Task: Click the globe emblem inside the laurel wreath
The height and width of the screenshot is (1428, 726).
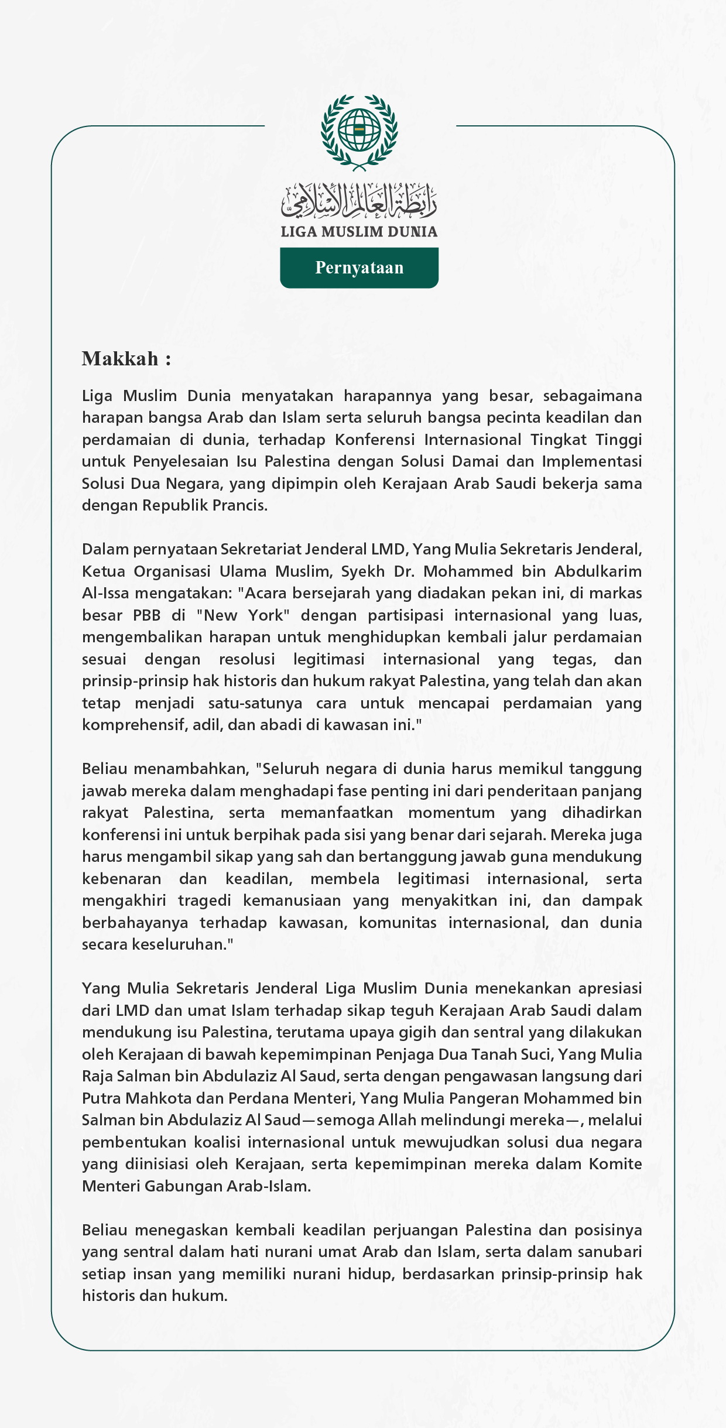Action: [x=359, y=129]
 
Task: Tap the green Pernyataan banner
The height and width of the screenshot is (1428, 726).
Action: [x=359, y=268]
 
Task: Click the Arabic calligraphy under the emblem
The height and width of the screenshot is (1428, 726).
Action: [x=359, y=200]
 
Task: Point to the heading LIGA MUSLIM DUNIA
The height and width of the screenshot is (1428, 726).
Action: [x=359, y=232]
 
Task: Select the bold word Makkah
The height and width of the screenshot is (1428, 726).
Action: [x=120, y=359]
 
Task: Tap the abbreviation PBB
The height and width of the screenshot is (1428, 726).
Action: [x=146, y=615]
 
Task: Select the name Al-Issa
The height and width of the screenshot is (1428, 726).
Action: [x=105, y=593]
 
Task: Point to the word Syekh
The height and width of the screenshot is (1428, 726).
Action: [x=363, y=571]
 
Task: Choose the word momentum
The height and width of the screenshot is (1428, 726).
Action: [x=451, y=813]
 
